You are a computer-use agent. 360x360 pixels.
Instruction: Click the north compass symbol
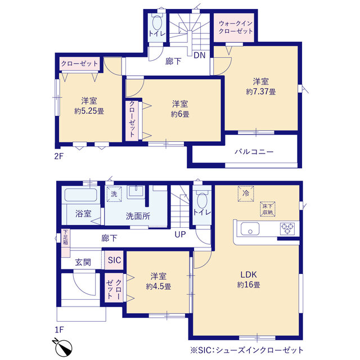[63, 346]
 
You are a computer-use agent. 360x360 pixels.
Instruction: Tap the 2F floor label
[58, 156]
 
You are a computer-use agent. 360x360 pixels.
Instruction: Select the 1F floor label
[59, 330]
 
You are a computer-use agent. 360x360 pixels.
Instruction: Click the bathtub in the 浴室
[80, 195]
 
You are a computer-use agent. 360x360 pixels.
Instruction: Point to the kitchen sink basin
[250, 229]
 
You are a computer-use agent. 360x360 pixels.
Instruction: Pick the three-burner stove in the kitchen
[287, 229]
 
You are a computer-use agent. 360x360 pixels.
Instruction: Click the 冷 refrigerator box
[246, 193]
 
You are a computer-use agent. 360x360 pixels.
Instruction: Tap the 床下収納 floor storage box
[268, 209]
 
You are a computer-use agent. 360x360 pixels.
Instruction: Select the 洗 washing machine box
[114, 194]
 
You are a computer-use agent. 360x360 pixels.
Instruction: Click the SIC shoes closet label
[114, 260]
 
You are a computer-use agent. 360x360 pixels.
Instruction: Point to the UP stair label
[180, 235]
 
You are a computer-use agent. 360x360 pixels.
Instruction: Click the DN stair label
[200, 55]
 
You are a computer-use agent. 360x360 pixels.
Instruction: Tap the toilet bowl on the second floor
[157, 22]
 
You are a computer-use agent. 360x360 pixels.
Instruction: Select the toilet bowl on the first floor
[202, 200]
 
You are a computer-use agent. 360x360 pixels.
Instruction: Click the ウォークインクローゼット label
[236, 27]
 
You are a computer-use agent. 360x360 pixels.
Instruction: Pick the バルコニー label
[254, 152]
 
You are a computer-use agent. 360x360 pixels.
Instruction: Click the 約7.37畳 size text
[261, 92]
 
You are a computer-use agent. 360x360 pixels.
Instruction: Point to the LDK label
[249, 274]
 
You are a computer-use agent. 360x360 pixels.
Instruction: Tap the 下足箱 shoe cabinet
[65, 243]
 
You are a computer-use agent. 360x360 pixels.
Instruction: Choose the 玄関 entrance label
[83, 262]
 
